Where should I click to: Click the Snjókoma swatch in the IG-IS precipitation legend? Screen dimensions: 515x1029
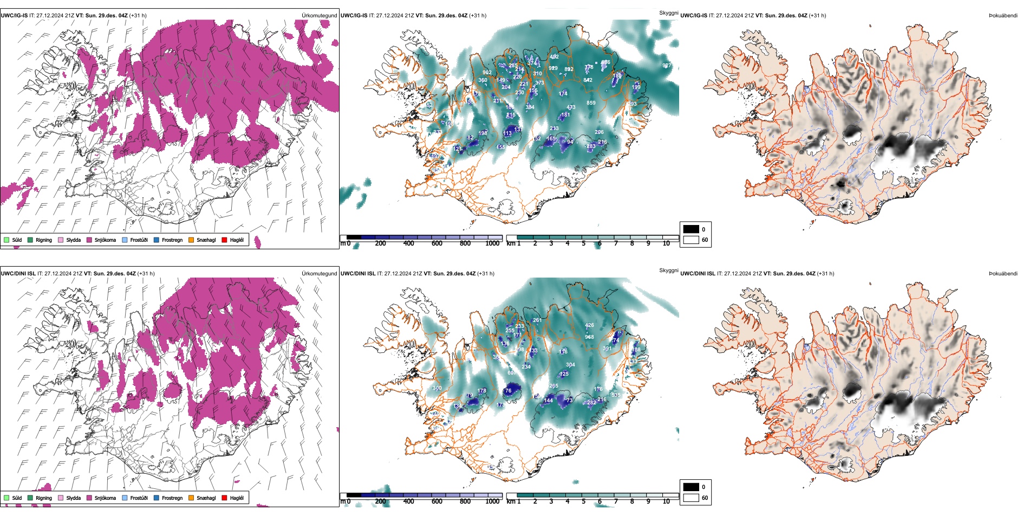(89, 240)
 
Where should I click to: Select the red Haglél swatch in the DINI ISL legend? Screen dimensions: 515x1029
(225, 498)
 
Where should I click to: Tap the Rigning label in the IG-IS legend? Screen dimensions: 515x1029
(44, 240)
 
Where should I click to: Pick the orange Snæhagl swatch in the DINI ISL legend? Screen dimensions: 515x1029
(191, 498)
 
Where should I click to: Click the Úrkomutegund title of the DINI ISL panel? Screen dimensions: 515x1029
(319, 273)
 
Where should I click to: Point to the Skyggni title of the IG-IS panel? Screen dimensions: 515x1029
(668, 12)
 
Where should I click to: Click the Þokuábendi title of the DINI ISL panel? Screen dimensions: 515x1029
(1003, 273)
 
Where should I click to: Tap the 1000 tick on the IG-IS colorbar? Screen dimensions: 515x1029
(492, 243)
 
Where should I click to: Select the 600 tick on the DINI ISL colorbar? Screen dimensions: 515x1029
(437, 501)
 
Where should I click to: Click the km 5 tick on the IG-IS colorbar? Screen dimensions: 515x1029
(584, 243)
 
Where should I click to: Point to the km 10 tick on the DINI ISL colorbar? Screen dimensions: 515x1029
(666, 501)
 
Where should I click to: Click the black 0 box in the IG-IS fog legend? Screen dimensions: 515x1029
(691, 229)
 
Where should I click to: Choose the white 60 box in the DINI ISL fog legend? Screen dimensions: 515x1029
(691, 498)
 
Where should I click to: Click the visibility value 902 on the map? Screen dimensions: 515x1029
(487, 72)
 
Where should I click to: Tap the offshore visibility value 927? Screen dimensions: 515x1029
(667, 66)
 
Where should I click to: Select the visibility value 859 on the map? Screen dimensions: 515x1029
(591, 102)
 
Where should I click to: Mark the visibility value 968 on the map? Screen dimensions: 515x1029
(589, 337)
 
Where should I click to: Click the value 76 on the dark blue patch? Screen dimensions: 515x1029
(508, 390)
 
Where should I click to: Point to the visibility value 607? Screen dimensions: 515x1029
(511, 373)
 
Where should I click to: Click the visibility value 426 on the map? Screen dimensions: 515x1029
(589, 325)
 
